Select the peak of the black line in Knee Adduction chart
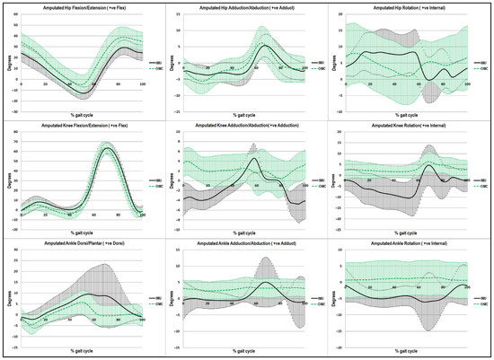255,160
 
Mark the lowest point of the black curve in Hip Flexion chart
84,92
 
